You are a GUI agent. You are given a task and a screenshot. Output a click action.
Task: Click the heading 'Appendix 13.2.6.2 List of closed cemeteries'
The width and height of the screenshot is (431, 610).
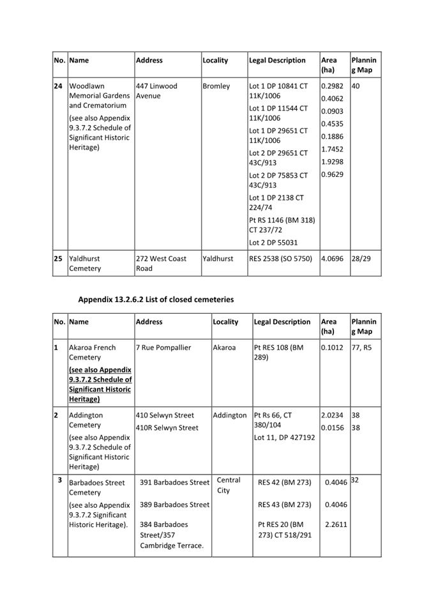pos(156,299)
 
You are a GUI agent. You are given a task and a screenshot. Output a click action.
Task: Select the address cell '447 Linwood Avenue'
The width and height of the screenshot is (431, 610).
pos(156,91)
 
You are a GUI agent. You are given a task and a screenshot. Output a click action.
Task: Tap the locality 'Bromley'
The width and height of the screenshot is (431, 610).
pos(216,86)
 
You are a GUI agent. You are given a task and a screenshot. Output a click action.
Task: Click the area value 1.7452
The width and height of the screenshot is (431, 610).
pos(332,149)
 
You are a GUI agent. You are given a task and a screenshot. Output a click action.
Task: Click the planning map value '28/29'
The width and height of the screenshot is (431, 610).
pos(362,259)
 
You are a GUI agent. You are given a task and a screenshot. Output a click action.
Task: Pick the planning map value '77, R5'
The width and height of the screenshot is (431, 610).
pos(362,347)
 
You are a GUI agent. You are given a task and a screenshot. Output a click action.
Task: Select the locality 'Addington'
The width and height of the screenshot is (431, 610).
pos(230,415)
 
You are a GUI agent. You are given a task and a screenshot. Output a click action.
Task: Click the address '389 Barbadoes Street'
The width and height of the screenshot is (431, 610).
pos(175,505)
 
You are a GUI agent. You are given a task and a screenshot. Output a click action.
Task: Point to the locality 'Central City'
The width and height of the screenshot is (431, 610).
pos(228,485)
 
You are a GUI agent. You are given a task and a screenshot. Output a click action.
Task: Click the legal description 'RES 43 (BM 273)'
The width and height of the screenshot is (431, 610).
pos(284,505)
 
